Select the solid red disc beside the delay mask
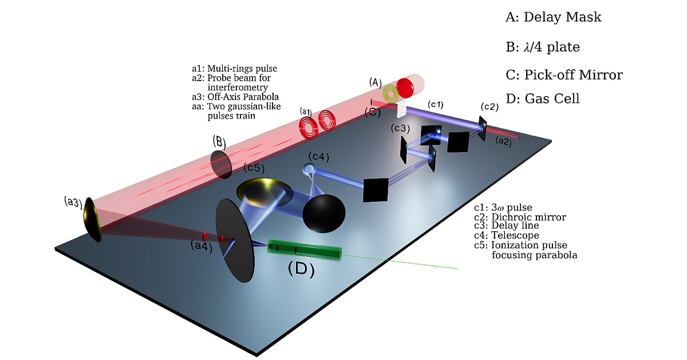tap(405, 88)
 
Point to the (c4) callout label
tap(318, 156)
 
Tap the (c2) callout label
tap(490, 107)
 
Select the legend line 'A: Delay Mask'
tap(553, 17)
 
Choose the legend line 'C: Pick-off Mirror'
tap(564, 75)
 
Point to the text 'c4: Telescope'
tap(507, 235)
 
